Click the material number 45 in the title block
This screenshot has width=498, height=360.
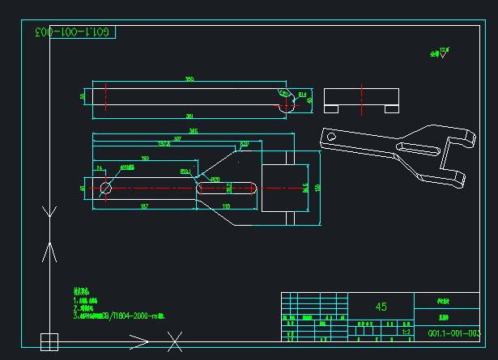pyautogui.click(x=381, y=307)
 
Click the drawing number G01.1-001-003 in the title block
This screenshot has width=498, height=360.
pyautogui.click(x=453, y=333)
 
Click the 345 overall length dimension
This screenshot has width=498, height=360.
pyautogui.click(x=193, y=130)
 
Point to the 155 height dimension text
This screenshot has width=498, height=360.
pyautogui.click(x=317, y=188)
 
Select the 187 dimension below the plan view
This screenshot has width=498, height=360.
pyautogui.click(x=143, y=207)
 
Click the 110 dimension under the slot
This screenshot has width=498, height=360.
pyautogui.click(x=226, y=207)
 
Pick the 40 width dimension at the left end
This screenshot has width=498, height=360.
pyautogui.click(x=83, y=188)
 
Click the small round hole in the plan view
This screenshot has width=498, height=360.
pyautogui.click(x=105, y=188)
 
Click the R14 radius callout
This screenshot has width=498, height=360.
pyautogui.click(x=302, y=95)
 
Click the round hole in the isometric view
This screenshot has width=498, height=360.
pyautogui.click(x=331, y=138)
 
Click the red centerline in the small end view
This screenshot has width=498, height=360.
pyautogui.click(x=362, y=97)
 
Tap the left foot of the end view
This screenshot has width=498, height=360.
pyautogui.click(x=331, y=108)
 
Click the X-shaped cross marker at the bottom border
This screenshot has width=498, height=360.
pyautogui.click(x=174, y=342)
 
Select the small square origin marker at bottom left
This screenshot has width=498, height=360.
pyautogui.click(x=49, y=341)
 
